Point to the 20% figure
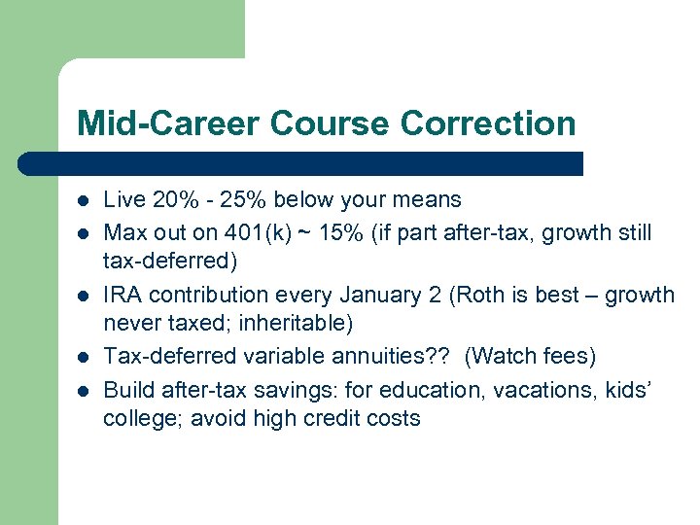169,200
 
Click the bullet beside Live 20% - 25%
85,201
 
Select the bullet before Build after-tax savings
85,389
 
